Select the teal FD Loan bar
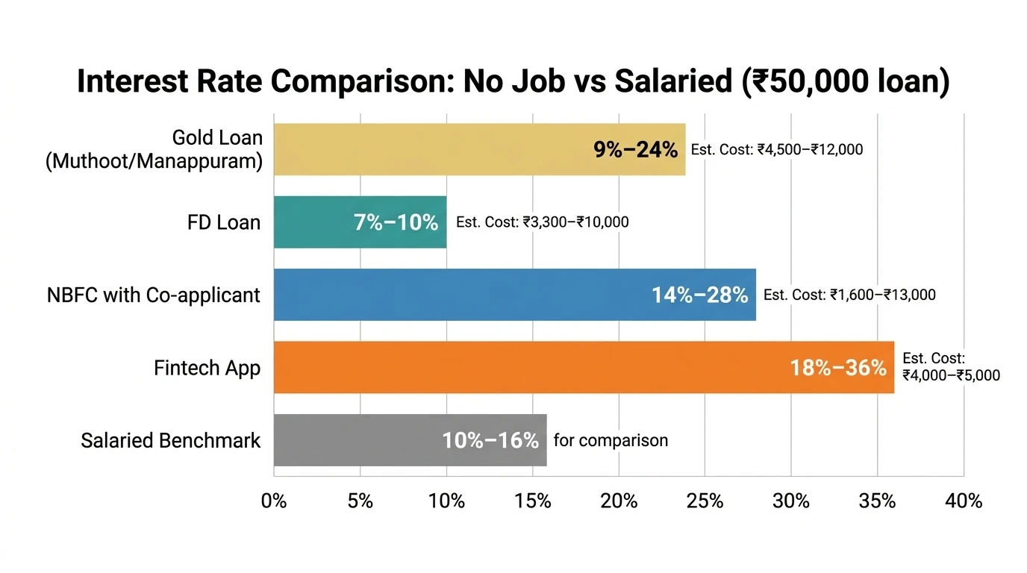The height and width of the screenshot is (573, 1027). click(313, 222)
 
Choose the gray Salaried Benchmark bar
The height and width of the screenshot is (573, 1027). click(358, 440)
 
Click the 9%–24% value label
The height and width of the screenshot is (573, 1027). click(635, 150)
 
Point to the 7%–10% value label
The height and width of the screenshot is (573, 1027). click(396, 222)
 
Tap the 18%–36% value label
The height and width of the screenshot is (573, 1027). click(838, 368)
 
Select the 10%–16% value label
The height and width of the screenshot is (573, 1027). click(490, 441)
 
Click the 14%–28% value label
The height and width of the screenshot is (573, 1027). click(699, 295)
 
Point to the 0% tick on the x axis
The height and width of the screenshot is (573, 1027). click(274, 501)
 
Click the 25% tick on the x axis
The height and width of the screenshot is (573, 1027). click(705, 501)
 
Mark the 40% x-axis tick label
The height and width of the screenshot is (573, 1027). click(964, 501)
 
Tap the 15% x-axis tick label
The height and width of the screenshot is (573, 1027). click(533, 501)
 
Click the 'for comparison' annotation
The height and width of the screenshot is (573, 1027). click(611, 440)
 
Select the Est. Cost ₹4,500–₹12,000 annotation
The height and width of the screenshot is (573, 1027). click(776, 150)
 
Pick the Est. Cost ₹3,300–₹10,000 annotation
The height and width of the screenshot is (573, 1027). click(542, 222)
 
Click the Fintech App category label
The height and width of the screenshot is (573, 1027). click(207, 368)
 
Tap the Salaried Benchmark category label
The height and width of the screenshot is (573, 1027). click(171, 440)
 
